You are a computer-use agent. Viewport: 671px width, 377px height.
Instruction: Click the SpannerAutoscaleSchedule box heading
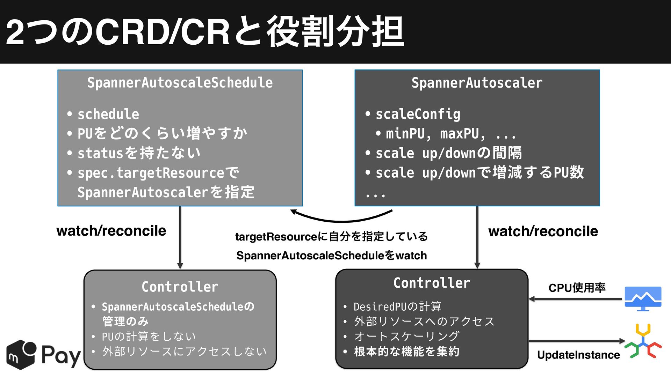tap(180, 83)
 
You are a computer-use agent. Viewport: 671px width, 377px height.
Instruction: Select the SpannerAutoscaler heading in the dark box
tap(477, 83)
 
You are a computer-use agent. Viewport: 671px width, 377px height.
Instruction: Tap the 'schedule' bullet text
tap(108, 114)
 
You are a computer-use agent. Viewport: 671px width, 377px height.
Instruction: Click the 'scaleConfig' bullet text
tap(418, 114)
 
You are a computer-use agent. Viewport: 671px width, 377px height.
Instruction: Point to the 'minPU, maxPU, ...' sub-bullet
tap(451, 134)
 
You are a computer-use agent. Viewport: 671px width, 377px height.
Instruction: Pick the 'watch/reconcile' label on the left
tap(111, 231)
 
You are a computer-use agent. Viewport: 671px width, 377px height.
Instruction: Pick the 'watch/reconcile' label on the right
tap(543, 231)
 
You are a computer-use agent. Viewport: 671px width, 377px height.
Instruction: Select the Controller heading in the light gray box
tap(180, 287)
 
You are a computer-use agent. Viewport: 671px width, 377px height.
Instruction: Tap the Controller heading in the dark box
tap(432, 283)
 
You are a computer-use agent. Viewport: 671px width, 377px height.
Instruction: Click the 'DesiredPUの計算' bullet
tap(398, 306)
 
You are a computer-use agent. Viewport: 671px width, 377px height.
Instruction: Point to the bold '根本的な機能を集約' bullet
tap(407, 352)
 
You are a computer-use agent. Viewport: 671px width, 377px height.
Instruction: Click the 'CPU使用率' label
tap(577, 288)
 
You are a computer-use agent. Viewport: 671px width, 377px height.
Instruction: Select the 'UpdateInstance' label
tap(578, 355)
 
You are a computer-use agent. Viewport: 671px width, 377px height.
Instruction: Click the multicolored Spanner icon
tap(643, 341)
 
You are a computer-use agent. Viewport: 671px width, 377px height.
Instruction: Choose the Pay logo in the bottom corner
tap(44, 355)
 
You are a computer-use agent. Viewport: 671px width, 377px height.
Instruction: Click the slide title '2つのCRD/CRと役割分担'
tap(205, 32)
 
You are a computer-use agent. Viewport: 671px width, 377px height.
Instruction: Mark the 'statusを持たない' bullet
tap(139, 153)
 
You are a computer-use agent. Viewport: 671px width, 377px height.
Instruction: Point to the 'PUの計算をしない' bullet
tap(149, 337)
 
